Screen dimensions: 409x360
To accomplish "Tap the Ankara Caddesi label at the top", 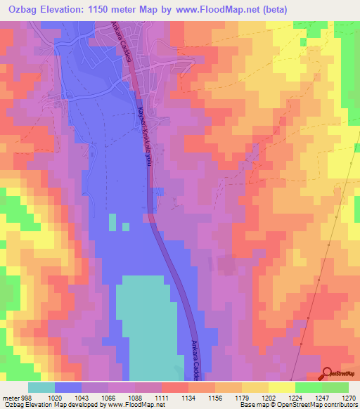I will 131,49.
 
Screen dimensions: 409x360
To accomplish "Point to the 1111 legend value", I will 161,397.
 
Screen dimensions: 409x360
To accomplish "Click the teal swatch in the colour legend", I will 41,387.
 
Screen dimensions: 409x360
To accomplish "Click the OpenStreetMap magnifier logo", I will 328,373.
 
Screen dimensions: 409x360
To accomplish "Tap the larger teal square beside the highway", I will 112,223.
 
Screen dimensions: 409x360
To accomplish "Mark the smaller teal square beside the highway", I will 126,226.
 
